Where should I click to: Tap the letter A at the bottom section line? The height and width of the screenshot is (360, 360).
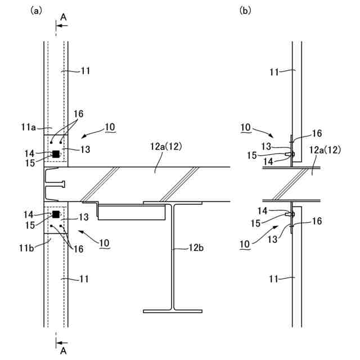64,350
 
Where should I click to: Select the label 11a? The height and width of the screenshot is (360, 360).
30,128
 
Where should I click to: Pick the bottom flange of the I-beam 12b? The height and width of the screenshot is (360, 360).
172,310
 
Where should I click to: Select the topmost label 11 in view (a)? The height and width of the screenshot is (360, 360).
85,71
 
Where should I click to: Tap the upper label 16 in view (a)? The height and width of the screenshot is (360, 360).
78,114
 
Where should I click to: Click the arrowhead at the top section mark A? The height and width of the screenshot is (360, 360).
58,26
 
